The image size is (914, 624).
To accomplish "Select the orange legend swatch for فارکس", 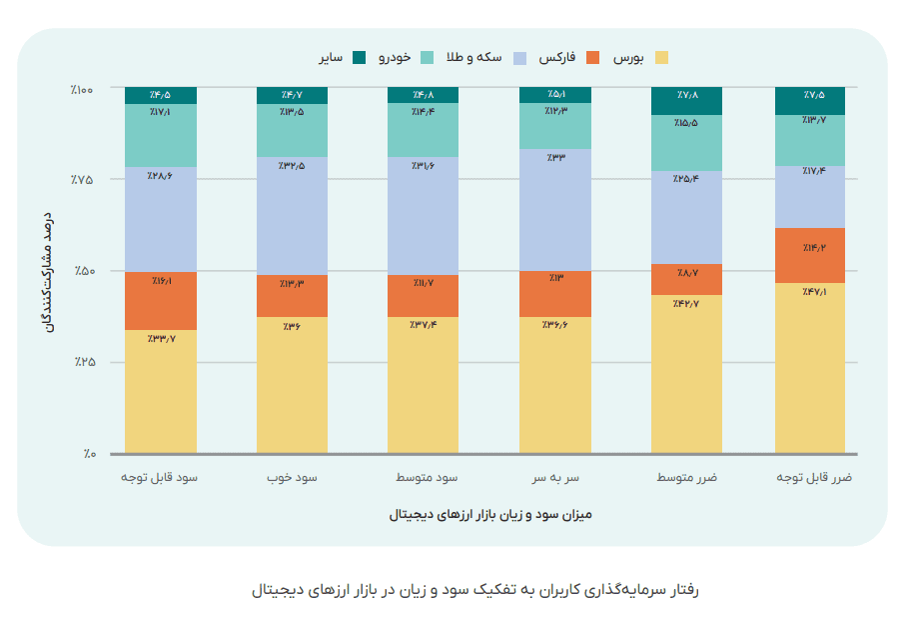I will pyautogui.click(x=594, y=57).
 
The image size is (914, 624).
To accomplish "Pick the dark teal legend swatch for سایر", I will pyautogui.click(x=360, y=57).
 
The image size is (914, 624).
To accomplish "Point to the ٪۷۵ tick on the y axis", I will pyautogui.click(x=83, y=179).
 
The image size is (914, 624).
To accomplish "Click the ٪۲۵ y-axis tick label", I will pyautogui.click(x=83, y=362).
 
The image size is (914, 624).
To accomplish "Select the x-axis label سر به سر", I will pyautogui.click(x=554, y=478).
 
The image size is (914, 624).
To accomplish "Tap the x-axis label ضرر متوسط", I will pyautogui.click(x=686, y=478).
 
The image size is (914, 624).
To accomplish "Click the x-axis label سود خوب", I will pyautogui.click(x=292, y=478).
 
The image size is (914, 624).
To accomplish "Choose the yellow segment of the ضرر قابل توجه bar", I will pyautogui.click(x=810, y=370).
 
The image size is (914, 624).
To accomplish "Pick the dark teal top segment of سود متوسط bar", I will pyautogui.click(x=424, y=95).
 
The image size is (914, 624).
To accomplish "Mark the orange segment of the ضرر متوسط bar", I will pyautogui.click(x=686, y=280).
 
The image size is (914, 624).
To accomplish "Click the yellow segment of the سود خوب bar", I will pyautogui.click(x=292, y=386).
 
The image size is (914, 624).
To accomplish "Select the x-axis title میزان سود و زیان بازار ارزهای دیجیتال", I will pyautogui.click(x=490, y=516).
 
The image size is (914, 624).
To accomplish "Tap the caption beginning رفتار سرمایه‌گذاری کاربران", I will pyautogui.click(x=475, y=589).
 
